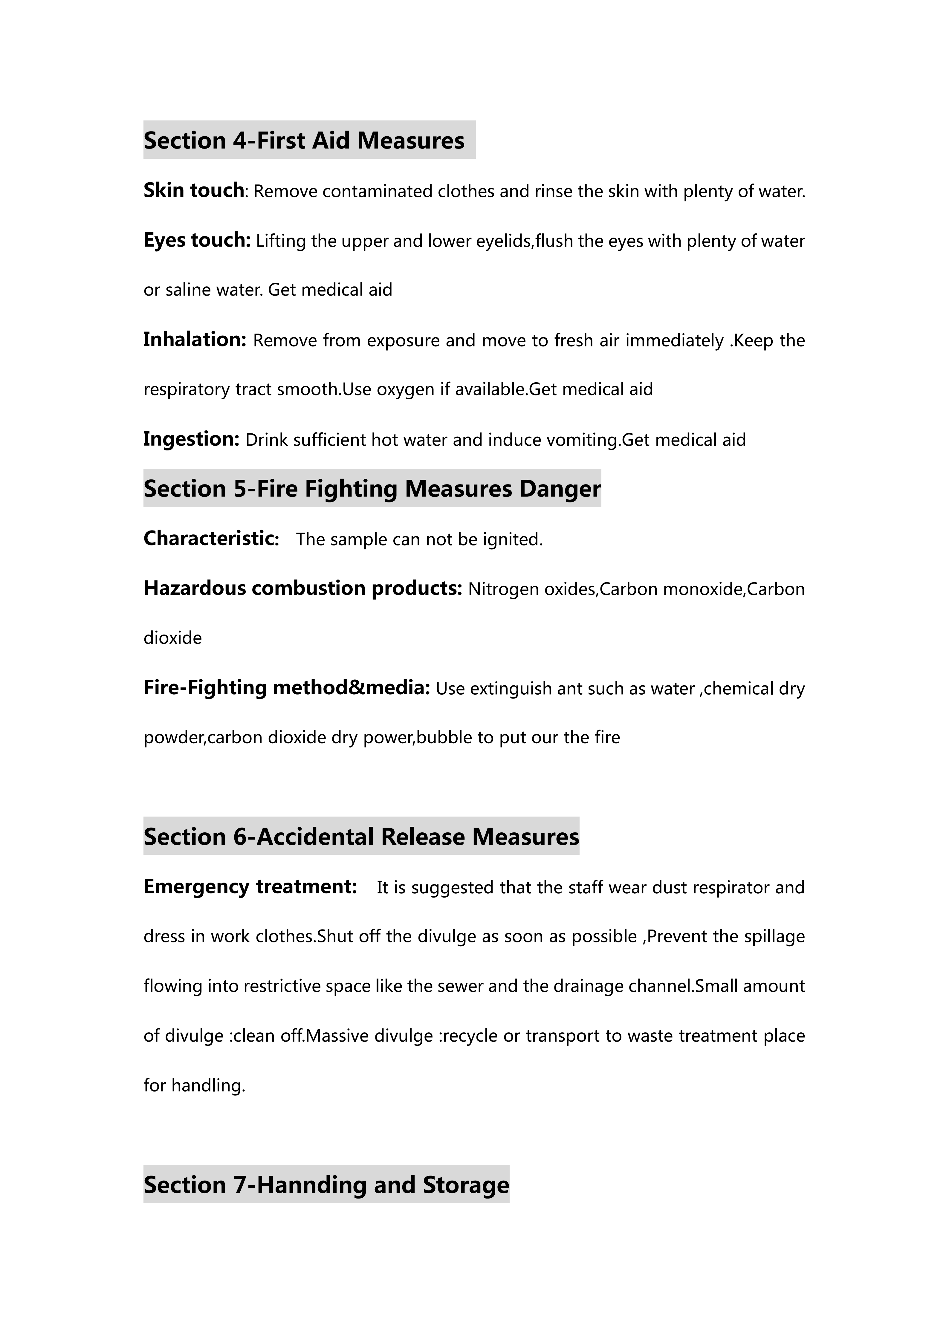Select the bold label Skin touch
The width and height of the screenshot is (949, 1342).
[193, 191]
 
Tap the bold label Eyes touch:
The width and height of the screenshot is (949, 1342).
[197, 240]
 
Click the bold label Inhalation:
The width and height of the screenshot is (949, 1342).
[195, 340]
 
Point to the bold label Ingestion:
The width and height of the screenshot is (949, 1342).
[191, 439]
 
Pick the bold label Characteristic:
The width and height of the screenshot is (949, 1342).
[211, 538]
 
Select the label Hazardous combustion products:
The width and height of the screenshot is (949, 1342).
[303, 588]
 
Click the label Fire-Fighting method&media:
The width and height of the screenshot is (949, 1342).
[286, 687]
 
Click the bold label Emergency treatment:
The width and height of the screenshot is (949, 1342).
[250, 887]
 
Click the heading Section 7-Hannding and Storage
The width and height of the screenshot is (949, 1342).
[326, 1185]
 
